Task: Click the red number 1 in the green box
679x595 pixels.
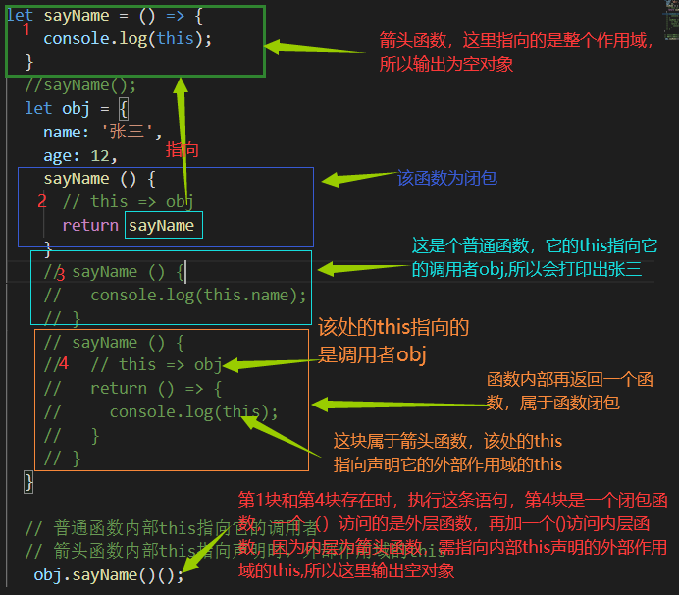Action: (26, 30)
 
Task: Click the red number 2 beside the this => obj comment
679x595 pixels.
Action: (42, 200)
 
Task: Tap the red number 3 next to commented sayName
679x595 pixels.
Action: (60, 274)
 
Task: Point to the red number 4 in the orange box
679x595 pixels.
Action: (64, 364)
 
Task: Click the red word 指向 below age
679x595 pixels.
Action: (182, 149)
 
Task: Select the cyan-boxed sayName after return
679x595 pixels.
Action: (163, 226)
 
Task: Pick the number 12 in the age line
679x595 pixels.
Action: (102, 155)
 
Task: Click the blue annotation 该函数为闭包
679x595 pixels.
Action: (446, 178)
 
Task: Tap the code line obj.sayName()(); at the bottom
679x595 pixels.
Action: (108, 574)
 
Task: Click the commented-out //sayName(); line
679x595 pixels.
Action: (81, 84)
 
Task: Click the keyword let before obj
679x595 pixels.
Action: (38, 108)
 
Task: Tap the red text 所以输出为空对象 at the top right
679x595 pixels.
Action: (445, 64)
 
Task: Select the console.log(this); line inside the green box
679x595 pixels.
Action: (128, 38)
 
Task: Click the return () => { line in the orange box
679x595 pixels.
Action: (156, 388)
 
